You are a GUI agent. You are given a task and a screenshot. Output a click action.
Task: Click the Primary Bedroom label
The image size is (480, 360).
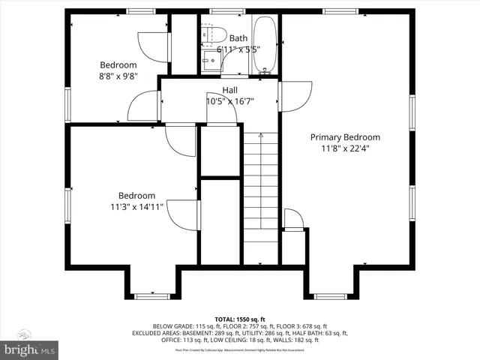(345, 137)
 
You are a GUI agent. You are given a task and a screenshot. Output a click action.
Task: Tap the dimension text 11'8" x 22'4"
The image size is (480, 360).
(345, 148)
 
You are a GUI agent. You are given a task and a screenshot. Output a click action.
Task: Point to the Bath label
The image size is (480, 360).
(238, 38)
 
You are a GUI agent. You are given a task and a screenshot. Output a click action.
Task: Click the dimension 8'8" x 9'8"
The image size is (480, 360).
(119, 76)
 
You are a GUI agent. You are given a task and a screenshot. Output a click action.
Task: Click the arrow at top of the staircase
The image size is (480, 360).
(260, 136)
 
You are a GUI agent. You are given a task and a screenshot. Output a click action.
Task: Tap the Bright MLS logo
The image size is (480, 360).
(31, 349)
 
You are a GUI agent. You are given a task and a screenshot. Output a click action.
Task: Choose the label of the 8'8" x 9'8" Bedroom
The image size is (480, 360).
(119, 64)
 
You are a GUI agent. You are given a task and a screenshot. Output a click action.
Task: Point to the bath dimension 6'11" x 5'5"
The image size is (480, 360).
(238, 49)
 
